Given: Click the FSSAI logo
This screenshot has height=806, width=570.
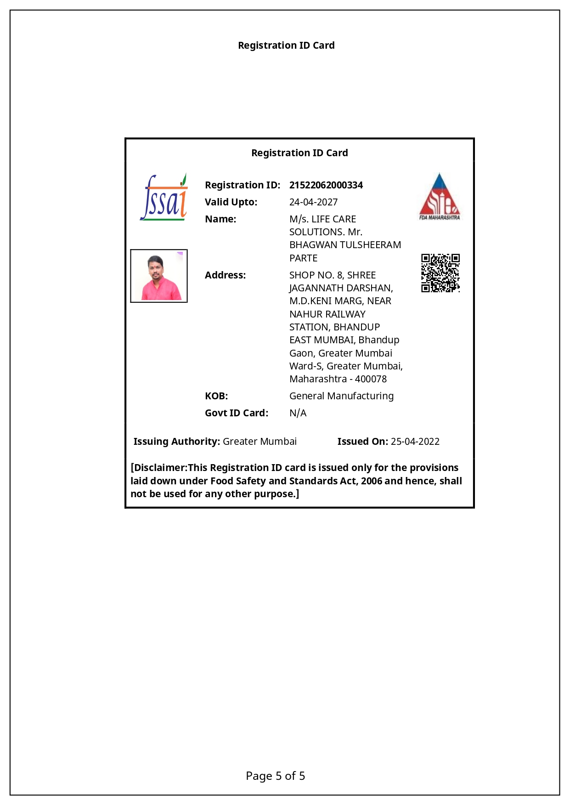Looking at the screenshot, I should tap(164, 198).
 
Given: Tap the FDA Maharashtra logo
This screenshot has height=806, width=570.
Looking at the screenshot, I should tap(440, 197).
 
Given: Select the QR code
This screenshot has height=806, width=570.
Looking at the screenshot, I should tap(440, 273).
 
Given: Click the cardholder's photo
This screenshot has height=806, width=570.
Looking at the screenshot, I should tap(159, 276).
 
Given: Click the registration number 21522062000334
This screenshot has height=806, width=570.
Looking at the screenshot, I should tap(326, 185).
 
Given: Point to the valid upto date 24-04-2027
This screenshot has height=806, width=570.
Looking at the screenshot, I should tap(313, 202).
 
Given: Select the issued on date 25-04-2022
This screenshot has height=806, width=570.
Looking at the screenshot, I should tap(415, 442).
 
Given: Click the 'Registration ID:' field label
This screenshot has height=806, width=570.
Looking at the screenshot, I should tap(243, 185).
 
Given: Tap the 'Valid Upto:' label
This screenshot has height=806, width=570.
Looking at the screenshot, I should tap(231, 202).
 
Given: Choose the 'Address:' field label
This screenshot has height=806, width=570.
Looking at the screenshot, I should tap(225, 275).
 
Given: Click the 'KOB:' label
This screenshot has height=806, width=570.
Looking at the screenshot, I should tap(216, 396).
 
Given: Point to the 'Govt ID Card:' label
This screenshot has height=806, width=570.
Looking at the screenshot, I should tap(237, 413).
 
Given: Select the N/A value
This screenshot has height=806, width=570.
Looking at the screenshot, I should tap(298, 413).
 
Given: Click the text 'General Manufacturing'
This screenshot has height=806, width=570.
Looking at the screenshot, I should tap(341, 396).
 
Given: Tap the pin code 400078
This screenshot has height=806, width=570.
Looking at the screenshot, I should tap(371, 379).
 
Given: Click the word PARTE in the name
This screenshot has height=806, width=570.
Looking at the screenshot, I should tap(303, 258).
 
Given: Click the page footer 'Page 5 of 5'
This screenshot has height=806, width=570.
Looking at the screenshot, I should tap(276, 776).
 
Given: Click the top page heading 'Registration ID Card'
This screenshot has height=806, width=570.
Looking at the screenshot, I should tap(286, 45).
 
